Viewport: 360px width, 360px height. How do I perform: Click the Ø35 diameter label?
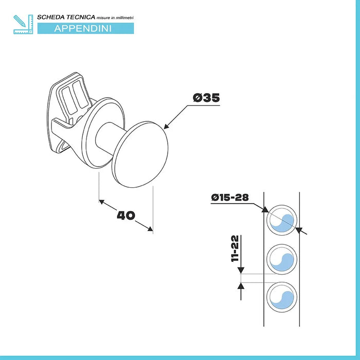(x=206, y=98)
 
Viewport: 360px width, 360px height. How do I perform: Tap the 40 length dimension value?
(x=126, y=215)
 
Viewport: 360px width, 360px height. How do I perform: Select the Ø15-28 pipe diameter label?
(x=230, y=197)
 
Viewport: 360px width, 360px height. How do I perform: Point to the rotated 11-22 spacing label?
(x=235, y=248)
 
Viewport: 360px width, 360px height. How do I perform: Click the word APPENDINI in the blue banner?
(x=83, y=28)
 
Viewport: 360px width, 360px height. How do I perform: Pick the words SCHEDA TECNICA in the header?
(x=66, y=17)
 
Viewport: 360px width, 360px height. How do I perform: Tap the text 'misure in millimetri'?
(x=115, y=17)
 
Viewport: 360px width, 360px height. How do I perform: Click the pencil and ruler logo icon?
(x=23, y=24)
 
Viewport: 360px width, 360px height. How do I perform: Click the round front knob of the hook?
(x=140, y=154)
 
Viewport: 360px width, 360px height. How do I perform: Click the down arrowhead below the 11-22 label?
(x=241, y=270)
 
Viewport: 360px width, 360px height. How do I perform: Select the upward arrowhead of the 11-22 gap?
(x=241, y=286)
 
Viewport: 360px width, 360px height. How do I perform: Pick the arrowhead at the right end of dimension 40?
(x=150, y=228)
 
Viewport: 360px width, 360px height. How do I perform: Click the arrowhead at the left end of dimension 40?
(x=102, y=202)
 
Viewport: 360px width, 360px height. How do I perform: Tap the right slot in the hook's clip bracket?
(x=80, y=94)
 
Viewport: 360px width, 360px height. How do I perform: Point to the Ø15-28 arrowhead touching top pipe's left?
(x=265, y=210)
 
